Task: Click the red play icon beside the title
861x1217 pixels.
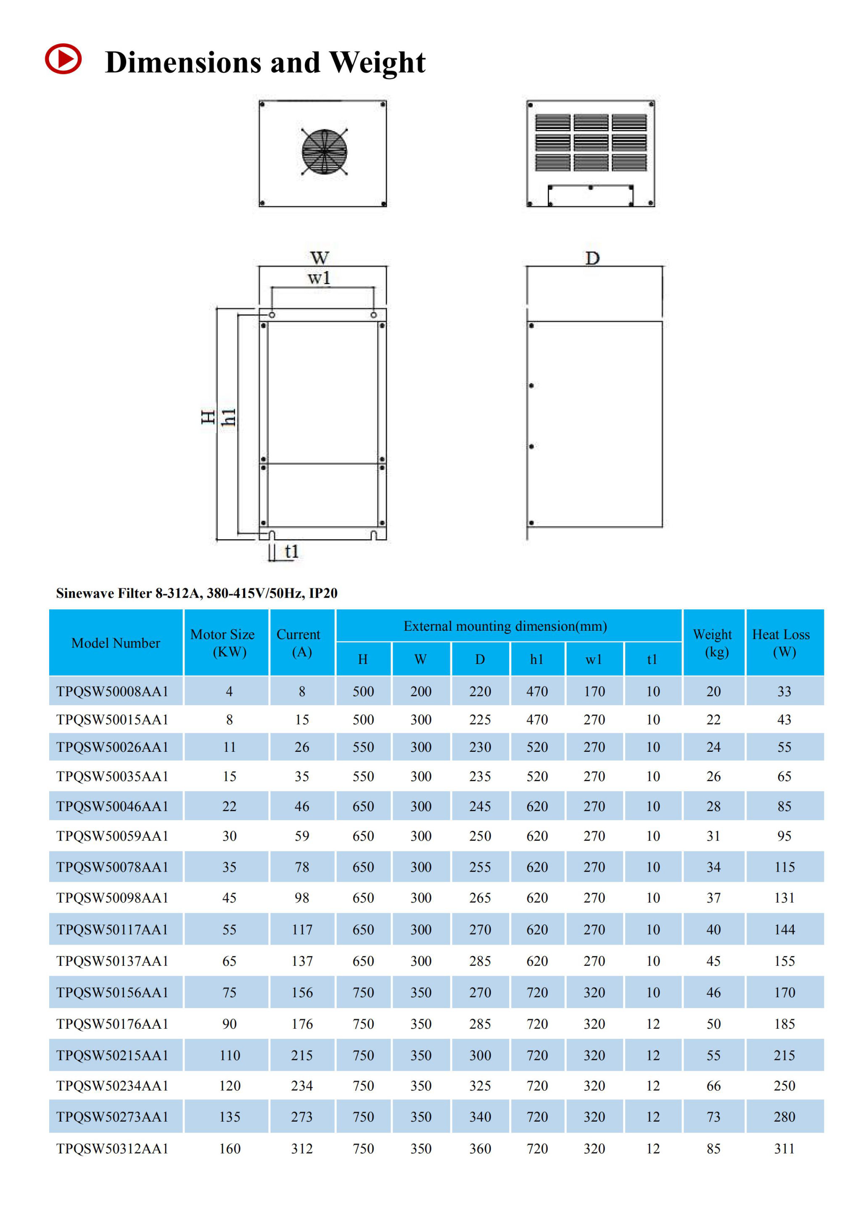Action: [x=63, y=59]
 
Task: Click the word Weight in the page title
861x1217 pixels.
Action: [x=377, y=63]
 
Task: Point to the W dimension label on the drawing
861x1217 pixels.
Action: [x=320, y=258]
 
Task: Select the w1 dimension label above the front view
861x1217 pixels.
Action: [x=319, y=278]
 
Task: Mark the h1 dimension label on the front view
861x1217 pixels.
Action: [x=229, y=417]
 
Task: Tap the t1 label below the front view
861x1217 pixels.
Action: [x=291, y=551]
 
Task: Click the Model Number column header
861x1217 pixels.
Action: [x=116, y=643]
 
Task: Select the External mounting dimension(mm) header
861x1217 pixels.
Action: [x=505, y=626]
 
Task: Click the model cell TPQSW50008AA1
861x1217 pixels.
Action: [x=112, y=691]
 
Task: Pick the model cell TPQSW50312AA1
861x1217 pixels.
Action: [x=112, y=1149]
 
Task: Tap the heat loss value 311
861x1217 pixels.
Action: [x=784, y=1149]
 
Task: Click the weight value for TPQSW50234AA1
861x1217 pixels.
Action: [x=713, y=1085]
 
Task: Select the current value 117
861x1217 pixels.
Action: [x=302, y=929]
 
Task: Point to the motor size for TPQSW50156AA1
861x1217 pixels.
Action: [x=229, y=992]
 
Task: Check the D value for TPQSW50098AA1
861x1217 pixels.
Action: [x=480, y=898]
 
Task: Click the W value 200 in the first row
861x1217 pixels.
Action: [x=420, y=691]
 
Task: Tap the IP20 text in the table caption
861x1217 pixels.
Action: [x=323, y=593]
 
